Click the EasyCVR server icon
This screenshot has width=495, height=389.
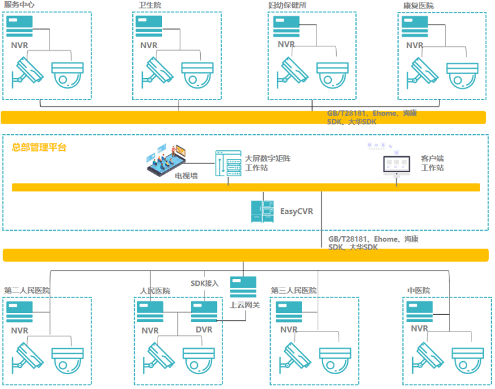261,212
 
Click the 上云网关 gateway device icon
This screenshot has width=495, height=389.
243,288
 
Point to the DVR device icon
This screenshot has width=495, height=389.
203,312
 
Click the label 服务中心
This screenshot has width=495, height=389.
19,5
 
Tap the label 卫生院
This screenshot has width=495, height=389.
150,5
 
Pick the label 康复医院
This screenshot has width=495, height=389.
418,6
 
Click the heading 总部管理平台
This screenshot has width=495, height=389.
39,147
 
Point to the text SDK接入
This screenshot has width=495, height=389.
205,283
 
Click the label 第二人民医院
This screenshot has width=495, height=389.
27,290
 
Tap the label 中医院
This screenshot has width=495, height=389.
418,290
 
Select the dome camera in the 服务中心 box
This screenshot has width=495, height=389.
67,74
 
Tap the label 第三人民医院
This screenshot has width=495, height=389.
294,290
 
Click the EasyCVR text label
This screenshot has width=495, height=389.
297,212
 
